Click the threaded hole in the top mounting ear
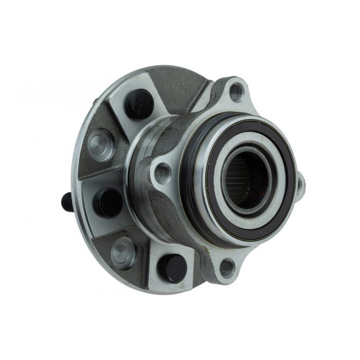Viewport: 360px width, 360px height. tap(236, 92)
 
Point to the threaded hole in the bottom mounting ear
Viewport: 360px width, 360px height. tap(227, 266)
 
